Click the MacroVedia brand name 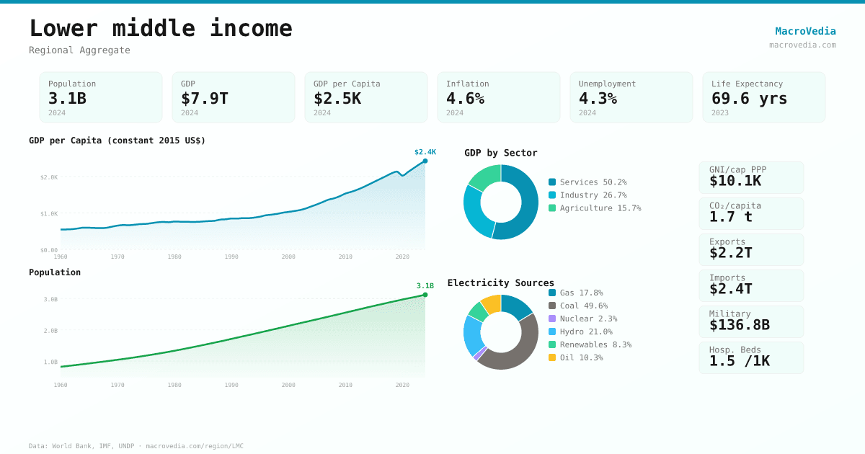point(805,31)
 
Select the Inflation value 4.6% point(465,99)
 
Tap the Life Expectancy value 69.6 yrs point(749,99)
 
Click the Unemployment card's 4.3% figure point(598,99)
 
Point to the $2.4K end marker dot point(425,161)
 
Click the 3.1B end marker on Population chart point(425,295)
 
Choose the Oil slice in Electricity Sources point(492,303)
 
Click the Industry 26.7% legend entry point(587,195)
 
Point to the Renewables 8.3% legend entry point(590,344)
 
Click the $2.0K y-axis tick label point(49,177)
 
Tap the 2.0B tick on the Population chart point(50,331)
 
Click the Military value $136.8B point(739,325)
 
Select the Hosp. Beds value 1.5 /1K point(739,361)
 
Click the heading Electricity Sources point(501,283)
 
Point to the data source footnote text point(136,446)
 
